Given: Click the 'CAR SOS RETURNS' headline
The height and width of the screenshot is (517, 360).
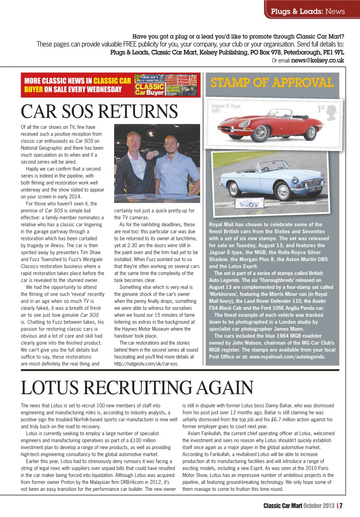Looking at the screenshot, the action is pyautogui.click(x=99, y=111).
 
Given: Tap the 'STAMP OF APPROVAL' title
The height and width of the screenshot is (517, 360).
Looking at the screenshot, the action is pyautogui.click(x=272, y=83).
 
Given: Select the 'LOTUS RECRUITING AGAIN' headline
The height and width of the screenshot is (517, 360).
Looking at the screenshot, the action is pyautogui.click(x=137, y=388).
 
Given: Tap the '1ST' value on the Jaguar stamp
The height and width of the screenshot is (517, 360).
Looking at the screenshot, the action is pyautogui.click(x=322, y=109).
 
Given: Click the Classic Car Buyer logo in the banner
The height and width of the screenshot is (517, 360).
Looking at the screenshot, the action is pyautogui.click(x=150, y=89).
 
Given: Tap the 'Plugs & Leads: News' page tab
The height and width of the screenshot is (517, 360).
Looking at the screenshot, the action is pyautogui.click(x=308, y=11).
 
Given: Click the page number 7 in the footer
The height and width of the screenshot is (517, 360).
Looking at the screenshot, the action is pyautogui.click(x=341, y=505).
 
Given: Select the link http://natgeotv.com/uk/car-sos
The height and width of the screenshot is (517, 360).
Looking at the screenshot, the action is pyautogui.click(x=146, y=363).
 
